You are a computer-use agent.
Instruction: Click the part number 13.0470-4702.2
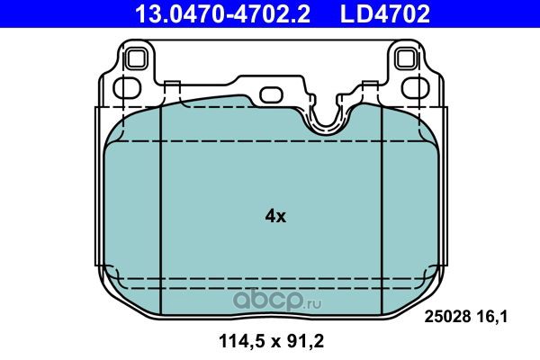[x=223, y=13]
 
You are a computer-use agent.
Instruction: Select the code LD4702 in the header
[x=385, y=13]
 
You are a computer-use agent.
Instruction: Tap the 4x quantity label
[x=275, y=216]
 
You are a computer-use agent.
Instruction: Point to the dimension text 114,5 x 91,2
[x=272, y=341]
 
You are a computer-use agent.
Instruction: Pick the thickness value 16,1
[x=493, y=317]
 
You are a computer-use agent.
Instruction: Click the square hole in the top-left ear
[x=136, y=58]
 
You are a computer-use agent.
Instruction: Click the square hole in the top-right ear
[x=406, y=58]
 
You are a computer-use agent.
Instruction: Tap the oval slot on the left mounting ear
[x=127, y=88]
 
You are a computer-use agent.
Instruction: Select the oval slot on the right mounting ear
[x=415, y=88]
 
